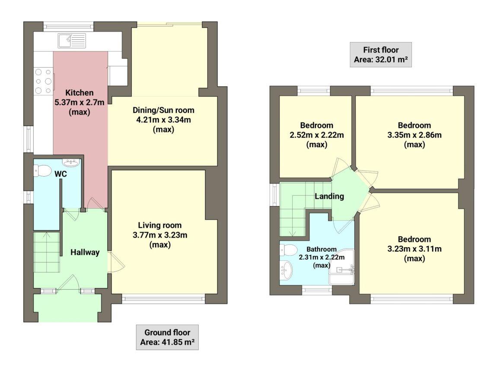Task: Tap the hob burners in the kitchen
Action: click(x=43, y=81)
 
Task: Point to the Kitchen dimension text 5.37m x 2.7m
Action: click(x=79, y=102)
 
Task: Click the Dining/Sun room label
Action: click(x=163, y=110)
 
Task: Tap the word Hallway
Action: click(x=85, y=252)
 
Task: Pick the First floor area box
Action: click(x=380, y=55)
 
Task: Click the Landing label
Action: click(x=329, y=196)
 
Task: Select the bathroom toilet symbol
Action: click(x=288, y=250)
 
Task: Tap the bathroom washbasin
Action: click(x=287, y=271)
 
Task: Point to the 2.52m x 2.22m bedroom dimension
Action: click(x=317, y=135)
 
